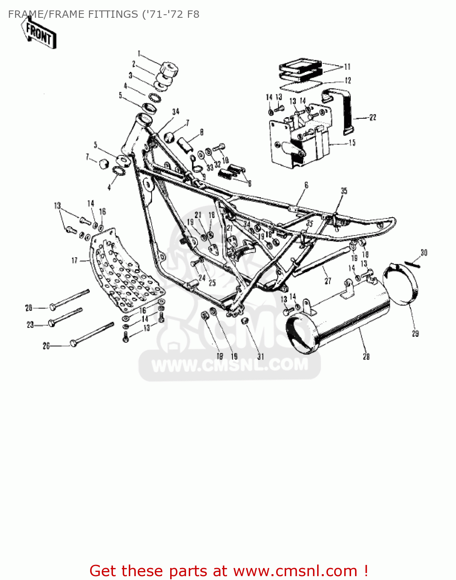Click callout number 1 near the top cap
coord(139,54)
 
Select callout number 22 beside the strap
coord(372,118)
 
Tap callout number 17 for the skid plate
coord(75,261)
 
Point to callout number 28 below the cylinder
coord(366,356)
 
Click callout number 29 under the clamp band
coord(415,333)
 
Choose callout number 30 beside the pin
coord(424,253)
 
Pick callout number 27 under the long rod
coord(328,281)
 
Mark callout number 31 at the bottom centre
coord(261,357)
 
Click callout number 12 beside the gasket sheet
coord(348,80)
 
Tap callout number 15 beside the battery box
coord(352,143)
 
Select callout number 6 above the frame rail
coord(306,185)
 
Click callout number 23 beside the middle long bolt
coord(30,325)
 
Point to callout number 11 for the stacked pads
coord(347,67)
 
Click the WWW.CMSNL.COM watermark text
coord(230,365)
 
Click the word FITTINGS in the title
coord(110,14)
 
